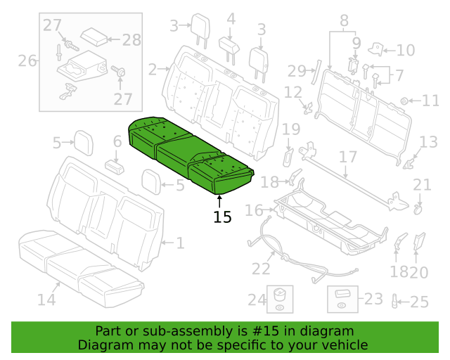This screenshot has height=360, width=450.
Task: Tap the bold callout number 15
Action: [x=222, y=217]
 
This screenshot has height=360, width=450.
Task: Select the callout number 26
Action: [x=27, y=61]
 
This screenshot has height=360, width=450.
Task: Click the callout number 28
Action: [x=131, y=39]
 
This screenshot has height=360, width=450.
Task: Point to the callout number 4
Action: [x=231, y=19]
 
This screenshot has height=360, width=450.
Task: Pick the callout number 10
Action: [x=406, y=50]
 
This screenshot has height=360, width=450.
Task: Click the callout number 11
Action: [x=430, y=101]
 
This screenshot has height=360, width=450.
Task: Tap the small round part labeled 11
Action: [x=404, y=101]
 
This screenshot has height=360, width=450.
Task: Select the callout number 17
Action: [x=348, y=157]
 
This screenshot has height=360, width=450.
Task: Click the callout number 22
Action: [x=261, y=269]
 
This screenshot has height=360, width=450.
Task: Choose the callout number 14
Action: [x=46, y=300]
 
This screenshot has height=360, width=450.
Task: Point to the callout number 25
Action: [x=419, y=302]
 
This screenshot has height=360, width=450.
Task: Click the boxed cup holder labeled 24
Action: [x=280, y=299]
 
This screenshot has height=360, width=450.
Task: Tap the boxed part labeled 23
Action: [x=342, y=299]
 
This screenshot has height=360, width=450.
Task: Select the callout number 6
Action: [x=117, y=141]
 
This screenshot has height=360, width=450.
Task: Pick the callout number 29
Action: [x=297, y=70]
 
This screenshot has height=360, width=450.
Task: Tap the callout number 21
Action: [x=422, y=185]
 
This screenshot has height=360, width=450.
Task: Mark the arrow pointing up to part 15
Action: [x=219, y=201]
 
